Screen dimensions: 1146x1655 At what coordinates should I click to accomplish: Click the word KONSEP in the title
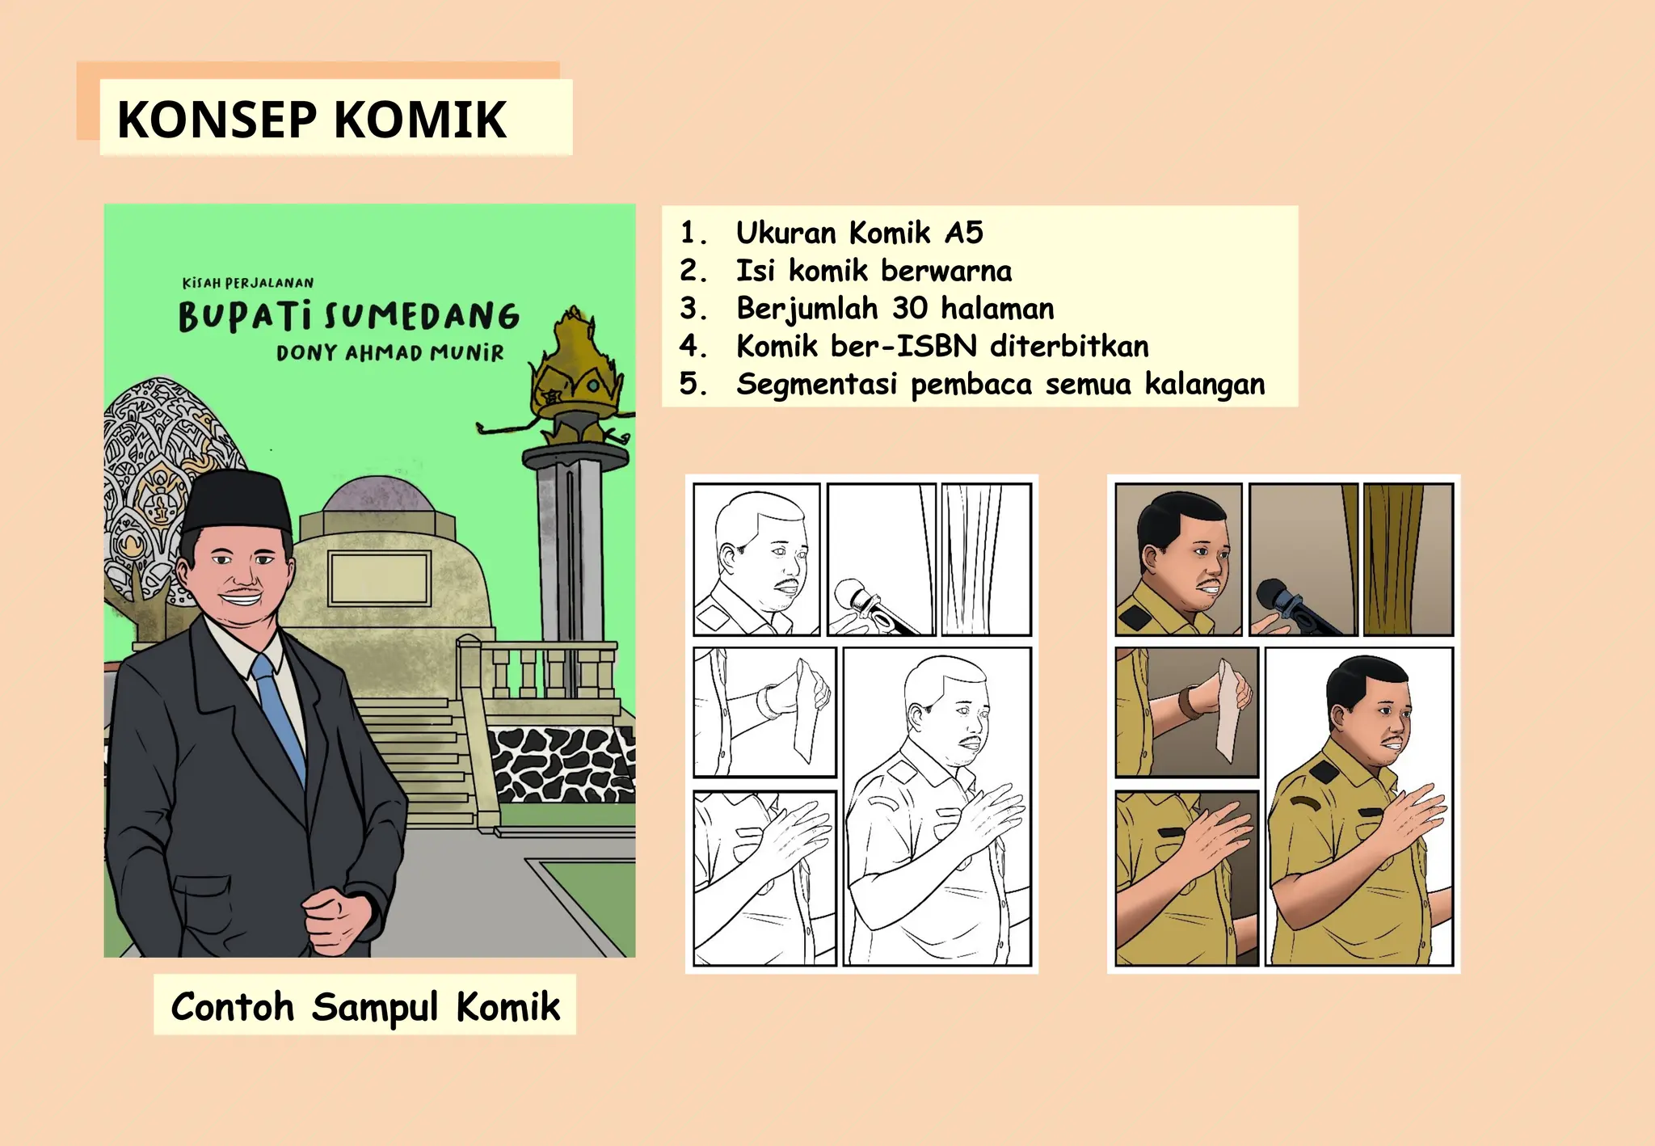click(x=217, y=120)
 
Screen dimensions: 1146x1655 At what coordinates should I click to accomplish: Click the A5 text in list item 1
click(x=963, y=233)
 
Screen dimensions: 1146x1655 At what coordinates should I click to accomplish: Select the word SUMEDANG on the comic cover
click(x=421, y=316)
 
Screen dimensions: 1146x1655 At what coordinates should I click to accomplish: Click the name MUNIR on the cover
click(x=466, y=353)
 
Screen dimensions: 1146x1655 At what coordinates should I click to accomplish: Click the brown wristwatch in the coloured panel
click(x=1189, y=701)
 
